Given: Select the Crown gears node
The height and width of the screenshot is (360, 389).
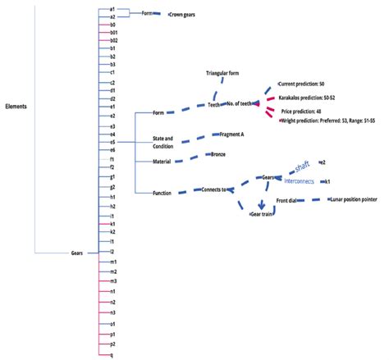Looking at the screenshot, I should [x=187, y=15].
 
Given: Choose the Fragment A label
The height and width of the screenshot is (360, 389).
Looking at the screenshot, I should [x=232, y=134].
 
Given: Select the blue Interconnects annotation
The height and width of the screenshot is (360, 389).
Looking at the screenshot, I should [x=302, y=181].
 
